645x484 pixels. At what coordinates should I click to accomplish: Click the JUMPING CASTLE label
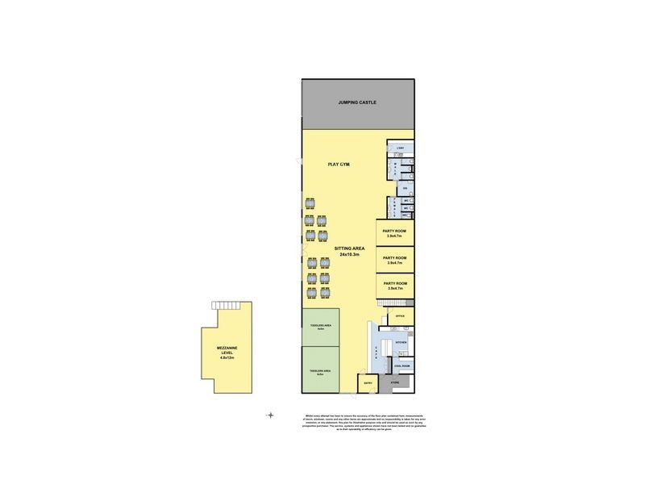click(356, 102)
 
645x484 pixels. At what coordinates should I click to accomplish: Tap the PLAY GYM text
click(339, 165)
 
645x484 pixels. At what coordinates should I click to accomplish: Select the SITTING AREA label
click(349, 248)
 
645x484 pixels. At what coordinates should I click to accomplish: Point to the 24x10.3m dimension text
click(349, 255)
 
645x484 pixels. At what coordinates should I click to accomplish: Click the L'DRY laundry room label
click(400, 148)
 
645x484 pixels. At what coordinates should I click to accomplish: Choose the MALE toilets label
click(396, 168)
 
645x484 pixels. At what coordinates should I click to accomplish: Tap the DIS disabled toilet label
click(406, 188)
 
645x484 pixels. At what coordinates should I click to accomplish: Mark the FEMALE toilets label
click(394, 207)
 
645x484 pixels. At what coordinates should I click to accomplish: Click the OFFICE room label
click(400, 316)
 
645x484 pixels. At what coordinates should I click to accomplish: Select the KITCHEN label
click(401, 343)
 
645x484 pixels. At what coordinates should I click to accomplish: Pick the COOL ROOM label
click(401, 366)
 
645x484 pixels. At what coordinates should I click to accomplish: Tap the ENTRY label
click(368, 383)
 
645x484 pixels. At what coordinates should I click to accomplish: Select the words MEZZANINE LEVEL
click(227, 350)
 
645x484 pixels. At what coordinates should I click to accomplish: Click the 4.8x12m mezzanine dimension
click(227, 357)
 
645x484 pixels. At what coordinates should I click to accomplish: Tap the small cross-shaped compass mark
click(270, 415)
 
